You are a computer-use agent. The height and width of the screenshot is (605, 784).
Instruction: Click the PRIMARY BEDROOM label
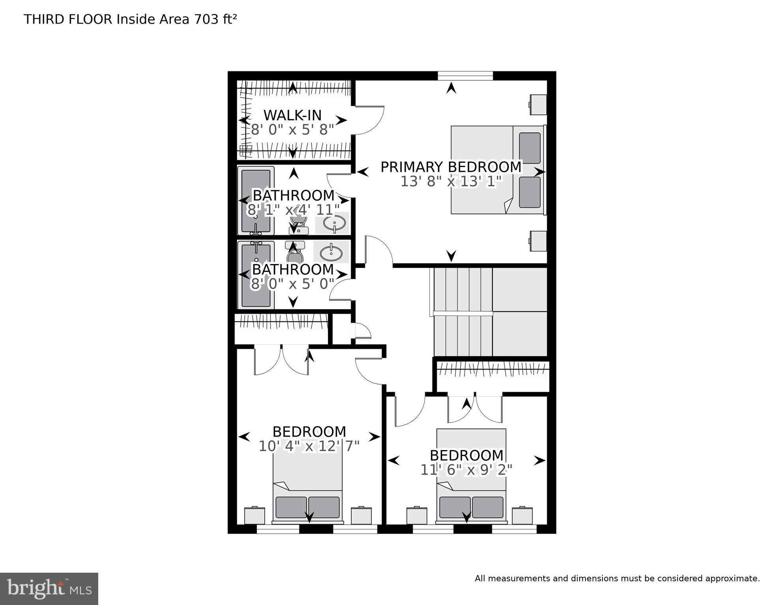(451, 167)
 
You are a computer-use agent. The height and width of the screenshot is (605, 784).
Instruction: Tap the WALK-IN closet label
(292, 115)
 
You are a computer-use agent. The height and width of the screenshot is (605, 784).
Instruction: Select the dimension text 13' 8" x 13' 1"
(451, 182)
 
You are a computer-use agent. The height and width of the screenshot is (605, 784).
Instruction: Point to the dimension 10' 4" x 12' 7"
(309, 446)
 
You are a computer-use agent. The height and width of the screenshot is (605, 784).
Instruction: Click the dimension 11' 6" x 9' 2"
(466, 470)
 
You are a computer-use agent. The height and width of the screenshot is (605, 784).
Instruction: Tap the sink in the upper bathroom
(334, 223)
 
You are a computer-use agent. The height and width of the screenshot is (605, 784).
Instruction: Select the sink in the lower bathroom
(331, 253)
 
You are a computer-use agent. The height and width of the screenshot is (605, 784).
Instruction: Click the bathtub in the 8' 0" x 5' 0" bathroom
(256, 275)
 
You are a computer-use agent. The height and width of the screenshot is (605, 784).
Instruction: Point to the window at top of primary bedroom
(465, 76)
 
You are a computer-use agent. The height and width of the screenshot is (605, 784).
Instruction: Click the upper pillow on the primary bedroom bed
(530, 148)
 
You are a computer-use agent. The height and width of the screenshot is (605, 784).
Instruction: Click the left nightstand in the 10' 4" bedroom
(254, 516)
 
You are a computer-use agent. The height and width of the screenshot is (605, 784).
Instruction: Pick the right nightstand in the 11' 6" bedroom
(522, 516)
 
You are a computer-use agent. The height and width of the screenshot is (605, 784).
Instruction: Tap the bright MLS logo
(49, 588)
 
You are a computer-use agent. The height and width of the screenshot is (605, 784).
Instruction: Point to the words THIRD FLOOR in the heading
(68, 19)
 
